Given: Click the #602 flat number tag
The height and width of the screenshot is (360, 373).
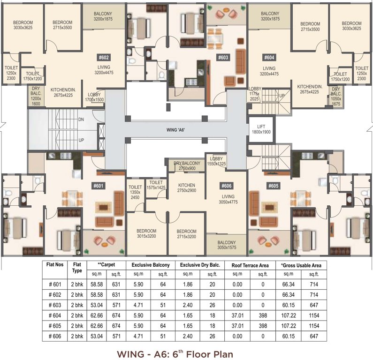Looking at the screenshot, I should pos(104,58).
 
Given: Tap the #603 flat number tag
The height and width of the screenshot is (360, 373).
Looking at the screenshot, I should pos(223,58).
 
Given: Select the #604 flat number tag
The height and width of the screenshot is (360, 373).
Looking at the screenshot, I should pos(269,58).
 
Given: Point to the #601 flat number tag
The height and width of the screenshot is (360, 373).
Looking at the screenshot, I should pos(104,186).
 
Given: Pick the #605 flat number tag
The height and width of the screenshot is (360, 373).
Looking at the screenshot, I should pos(273,186).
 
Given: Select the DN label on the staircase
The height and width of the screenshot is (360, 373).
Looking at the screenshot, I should pos(81,120).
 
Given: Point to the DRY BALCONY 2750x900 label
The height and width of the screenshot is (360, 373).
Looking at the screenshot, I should pos(187,165).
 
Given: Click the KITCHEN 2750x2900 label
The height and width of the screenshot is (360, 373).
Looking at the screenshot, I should pos(186,188).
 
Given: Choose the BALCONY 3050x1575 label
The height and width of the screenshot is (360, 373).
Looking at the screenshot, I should pos(227,245).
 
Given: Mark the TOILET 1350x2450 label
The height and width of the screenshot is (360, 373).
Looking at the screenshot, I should pos(135,192).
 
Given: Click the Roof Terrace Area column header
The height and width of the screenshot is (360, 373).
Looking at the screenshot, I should pos(250,265).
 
